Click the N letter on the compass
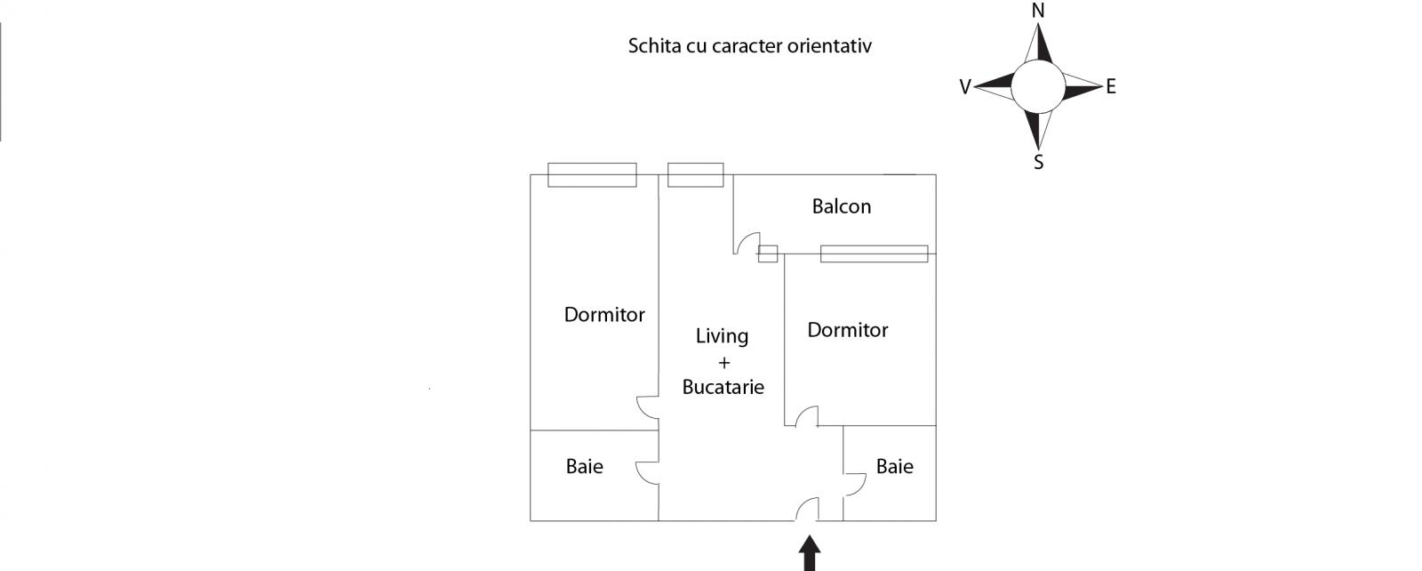(x=1037, y=11)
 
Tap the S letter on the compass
(x=1038, y=163)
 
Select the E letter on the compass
(x=1110, y=87)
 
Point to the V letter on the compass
(x=965, y=87)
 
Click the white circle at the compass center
(x=1037, y=86)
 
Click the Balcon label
(x=841, y=206)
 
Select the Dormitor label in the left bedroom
(x=604, y=315)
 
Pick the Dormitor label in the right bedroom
(x=847, y=330)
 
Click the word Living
(x=722, y=336)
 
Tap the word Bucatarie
(x=723, y=387)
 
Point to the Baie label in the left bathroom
(x=584, y=466)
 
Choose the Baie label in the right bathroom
(x=894, y=466)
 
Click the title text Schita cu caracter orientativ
(x=749, y=45)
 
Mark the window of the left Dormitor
(x=592, y=174)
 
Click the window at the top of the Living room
(x=695, y=174)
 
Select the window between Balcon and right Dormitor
(x=874, y=253)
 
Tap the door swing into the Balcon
(x=747, y=243)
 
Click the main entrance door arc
(x=806, y=509)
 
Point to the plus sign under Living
(x=723, y=362)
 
